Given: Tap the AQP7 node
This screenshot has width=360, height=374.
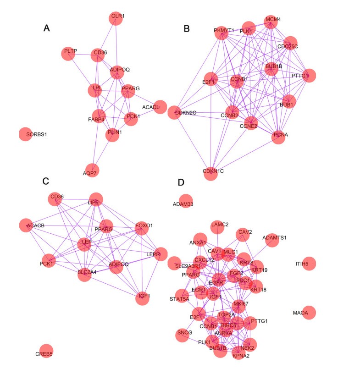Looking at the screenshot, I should click(90, 170).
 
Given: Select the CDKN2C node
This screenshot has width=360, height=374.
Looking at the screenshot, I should click(175, 112).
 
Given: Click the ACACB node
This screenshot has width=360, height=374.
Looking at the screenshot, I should click(27, 225).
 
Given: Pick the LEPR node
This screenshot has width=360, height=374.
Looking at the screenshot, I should click(161, 254).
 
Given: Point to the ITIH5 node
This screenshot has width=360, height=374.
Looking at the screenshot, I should click(309, 264).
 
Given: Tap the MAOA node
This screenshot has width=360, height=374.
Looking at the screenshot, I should click(309, 313).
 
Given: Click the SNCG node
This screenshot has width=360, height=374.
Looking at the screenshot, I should click(182, 335).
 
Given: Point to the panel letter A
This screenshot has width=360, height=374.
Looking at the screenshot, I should click(46, 28).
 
